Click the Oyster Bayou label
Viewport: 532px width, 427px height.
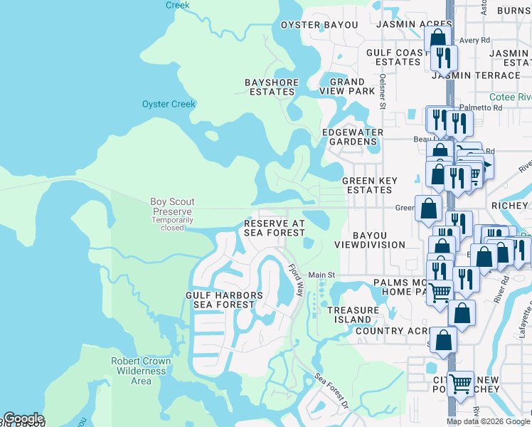click(x=319, y=25)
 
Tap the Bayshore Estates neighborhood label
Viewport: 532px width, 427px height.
click(x=271, y=87)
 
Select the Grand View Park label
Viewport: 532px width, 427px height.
click(x=347, y=87)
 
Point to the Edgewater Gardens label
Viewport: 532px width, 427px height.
click(x=352, y=137)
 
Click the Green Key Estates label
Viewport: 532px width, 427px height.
click(x=369, y=185)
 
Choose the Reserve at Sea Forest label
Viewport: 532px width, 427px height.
click(x=275, y=228)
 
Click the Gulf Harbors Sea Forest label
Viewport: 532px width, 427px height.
click(x=224, y=300)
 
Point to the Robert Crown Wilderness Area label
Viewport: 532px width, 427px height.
click(x=141, y=371)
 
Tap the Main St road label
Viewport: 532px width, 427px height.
click(x=321, y=275)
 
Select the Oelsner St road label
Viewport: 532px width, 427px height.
click(x=383, y=92)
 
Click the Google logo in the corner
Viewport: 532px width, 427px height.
click(x=23, y=418)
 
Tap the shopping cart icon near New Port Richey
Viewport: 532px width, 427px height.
click(x=460, y=384)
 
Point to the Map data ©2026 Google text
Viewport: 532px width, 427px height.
click(x=488, y=421)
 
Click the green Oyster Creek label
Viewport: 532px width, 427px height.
click(x=169, y=104)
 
